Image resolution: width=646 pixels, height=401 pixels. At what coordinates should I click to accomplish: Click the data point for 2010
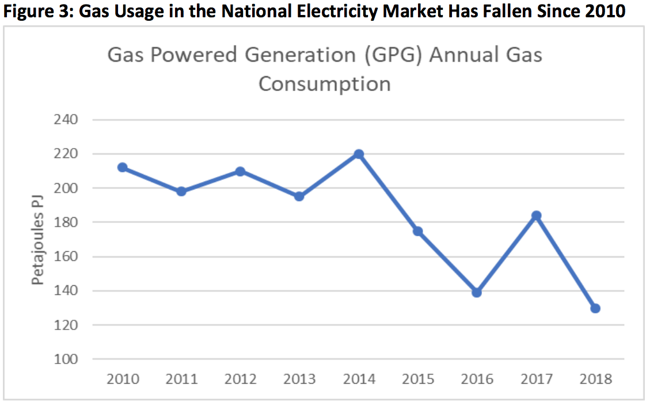tap(122, 168)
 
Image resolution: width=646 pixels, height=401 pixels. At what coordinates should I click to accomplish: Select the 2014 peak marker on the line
tap(358, 154)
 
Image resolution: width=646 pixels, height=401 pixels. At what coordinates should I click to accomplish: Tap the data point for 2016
tap(476, 292)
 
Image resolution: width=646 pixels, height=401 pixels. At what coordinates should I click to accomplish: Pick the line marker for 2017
tap(536, 215)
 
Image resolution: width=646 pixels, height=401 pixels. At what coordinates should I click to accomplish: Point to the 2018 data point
tap(595, 308)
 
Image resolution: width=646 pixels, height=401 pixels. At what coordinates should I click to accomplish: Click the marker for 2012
tap(240, 171)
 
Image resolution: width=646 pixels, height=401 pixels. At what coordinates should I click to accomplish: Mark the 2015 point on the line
tap(417, 231)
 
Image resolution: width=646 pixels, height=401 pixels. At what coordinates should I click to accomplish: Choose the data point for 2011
tap(181, 191)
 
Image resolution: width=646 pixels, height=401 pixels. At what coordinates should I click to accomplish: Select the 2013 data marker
tap(299, 196)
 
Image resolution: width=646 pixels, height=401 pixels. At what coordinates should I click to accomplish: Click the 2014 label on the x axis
tap(358, 379)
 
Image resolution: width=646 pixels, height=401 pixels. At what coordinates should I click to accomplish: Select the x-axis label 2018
tap(595, 379)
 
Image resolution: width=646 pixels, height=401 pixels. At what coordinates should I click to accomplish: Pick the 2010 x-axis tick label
tap(122, 379)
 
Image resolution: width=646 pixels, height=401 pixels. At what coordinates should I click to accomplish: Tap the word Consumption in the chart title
tap(324, 84)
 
